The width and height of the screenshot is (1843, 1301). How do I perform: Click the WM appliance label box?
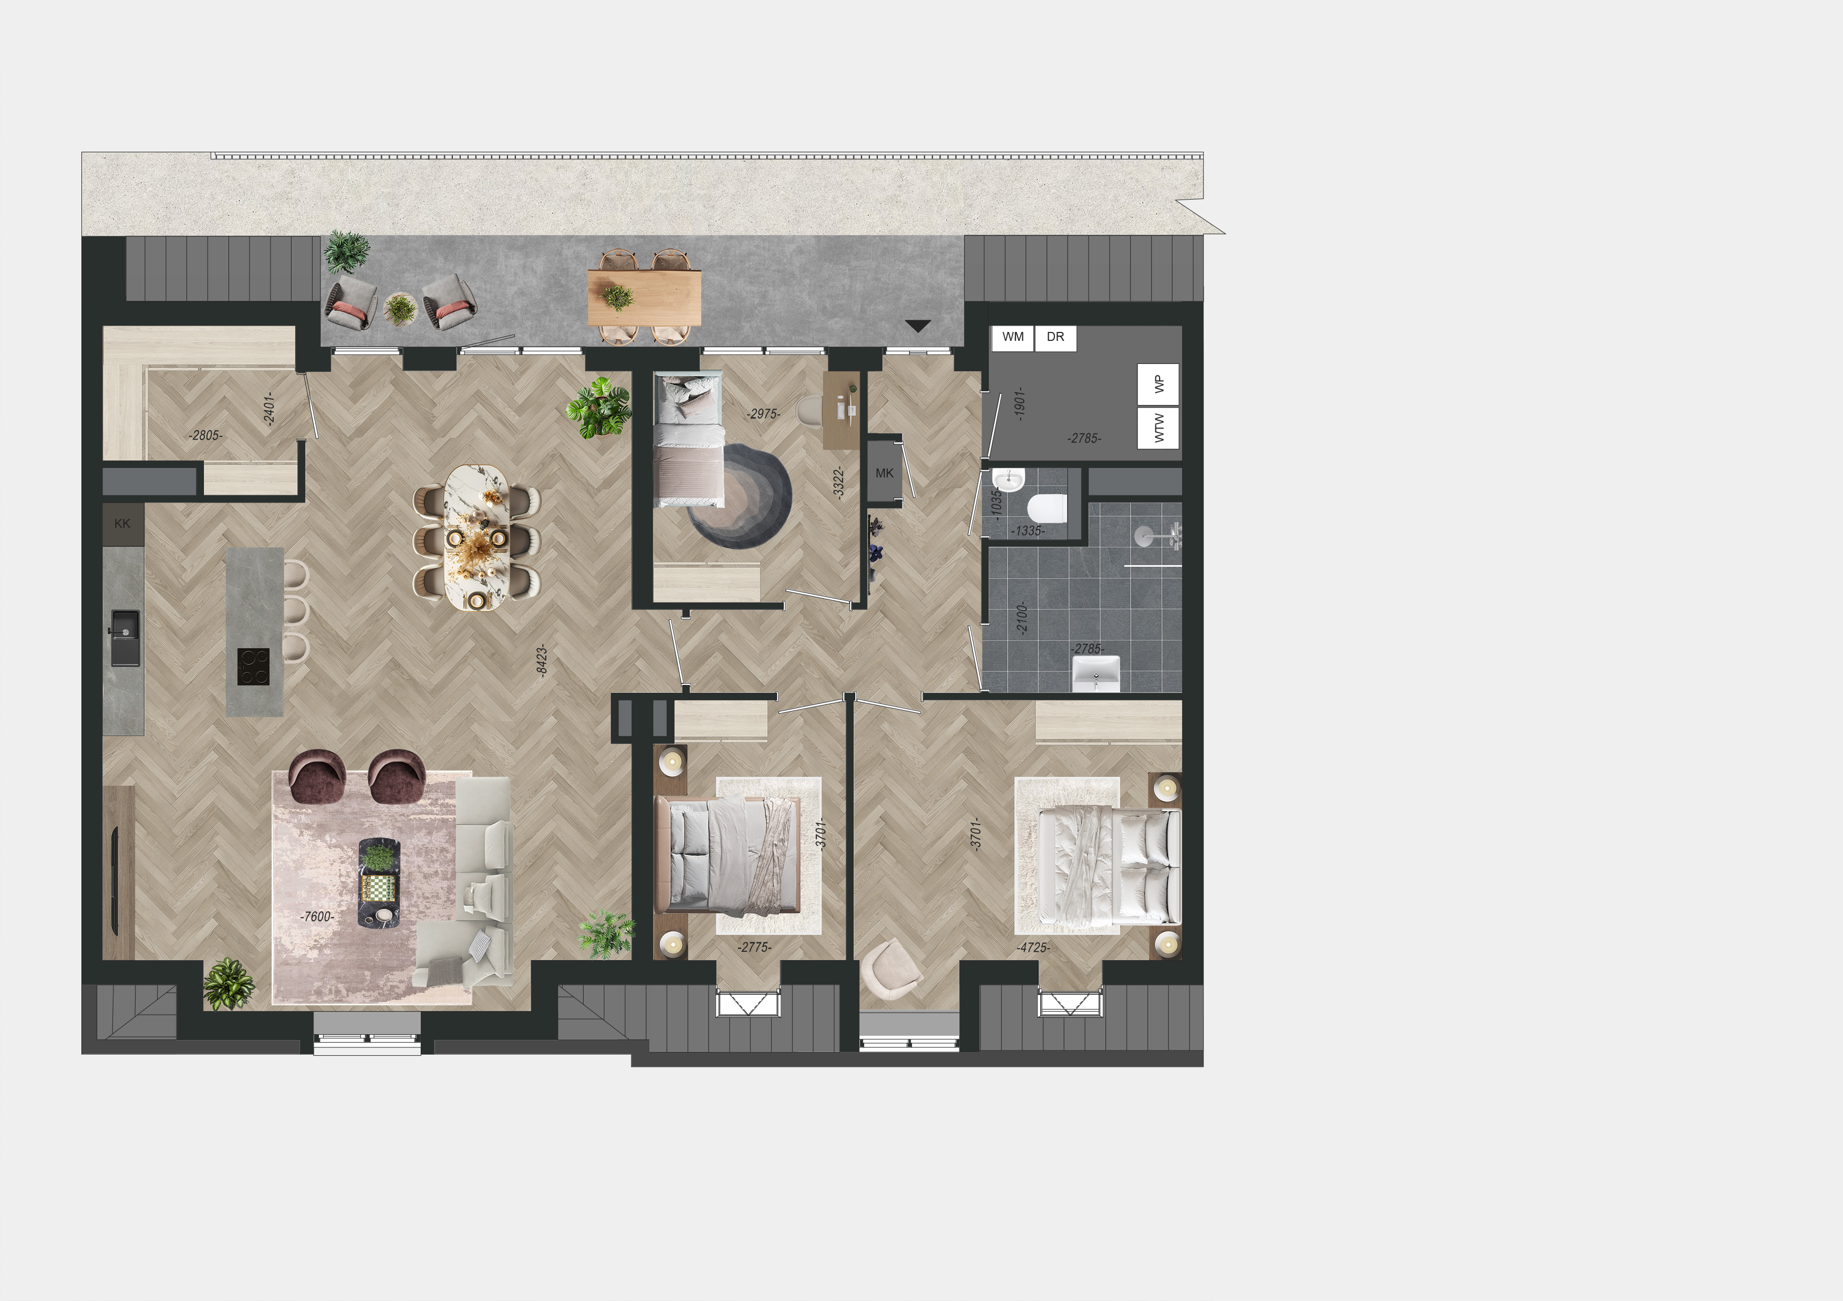pos(1013,337)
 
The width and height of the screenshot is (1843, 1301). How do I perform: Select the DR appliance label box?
pos(1055,337)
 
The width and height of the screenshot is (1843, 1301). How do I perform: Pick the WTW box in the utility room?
pos(1158,427)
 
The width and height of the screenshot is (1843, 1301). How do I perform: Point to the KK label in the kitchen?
pos(122,523)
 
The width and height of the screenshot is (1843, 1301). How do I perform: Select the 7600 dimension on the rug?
pos(317,917)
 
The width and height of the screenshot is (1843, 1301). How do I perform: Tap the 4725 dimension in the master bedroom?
pos(1033,948)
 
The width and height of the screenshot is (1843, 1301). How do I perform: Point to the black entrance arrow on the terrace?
pos(917,326)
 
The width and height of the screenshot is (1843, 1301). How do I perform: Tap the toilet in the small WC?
pos(1047,508)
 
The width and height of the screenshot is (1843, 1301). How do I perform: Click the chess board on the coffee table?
pos(379,888)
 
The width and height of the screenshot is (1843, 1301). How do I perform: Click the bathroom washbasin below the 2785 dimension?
pos(1096,673)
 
